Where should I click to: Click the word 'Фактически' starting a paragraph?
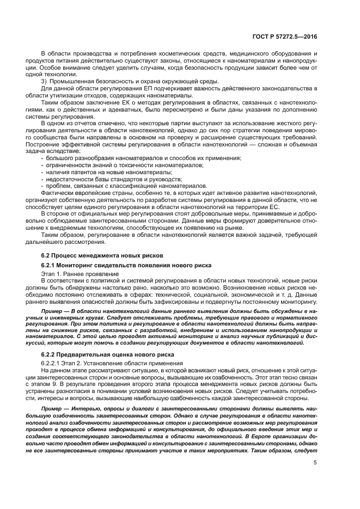[58, 193]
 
